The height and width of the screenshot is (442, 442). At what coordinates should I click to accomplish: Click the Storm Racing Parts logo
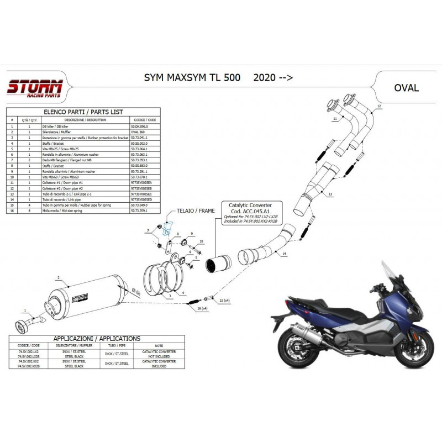[x=35, y=88]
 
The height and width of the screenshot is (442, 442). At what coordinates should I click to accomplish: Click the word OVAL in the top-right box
[x=406, y=87]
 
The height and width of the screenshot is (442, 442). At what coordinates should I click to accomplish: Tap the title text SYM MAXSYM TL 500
[x=188, y=78]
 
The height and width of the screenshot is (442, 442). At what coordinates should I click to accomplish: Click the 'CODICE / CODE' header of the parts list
[x=144, y=119]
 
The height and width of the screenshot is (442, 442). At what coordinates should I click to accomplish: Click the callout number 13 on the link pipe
[x=329, y=194]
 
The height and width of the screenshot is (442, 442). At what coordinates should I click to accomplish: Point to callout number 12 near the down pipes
[x=379, y=105]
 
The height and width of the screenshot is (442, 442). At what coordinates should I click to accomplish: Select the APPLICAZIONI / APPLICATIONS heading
[x=96, y=339]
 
